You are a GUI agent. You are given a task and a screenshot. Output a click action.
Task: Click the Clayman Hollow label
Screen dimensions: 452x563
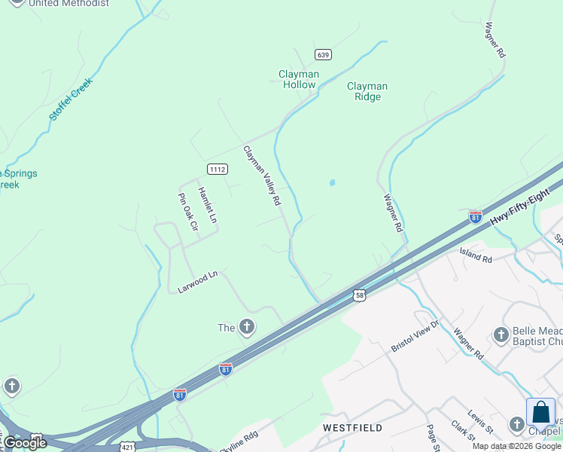(x=299, y=79)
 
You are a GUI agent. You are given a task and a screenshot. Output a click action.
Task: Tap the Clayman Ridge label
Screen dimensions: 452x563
(x=367, y=91)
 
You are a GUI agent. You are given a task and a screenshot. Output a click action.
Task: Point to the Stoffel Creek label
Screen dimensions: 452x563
(x=70, y=99)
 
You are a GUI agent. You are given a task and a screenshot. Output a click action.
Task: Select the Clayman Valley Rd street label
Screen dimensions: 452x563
(x=262, y=176)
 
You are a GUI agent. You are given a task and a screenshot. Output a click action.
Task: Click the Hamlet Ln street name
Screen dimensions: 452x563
(x=207, y=205)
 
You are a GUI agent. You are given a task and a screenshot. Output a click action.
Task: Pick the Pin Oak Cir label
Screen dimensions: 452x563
(x=187, y=212)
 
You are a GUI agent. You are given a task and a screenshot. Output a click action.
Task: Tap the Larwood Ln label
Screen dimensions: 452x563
(x=197, y=282)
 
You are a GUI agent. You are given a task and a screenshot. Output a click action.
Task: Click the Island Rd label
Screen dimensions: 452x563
(x=476, y=255)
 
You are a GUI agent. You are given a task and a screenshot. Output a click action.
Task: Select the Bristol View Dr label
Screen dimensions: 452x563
(x=414, y=335)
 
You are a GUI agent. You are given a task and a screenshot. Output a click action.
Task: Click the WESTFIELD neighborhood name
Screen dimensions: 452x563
(x=353, y=428)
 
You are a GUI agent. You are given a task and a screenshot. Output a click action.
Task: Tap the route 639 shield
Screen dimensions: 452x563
(x=323, y=54)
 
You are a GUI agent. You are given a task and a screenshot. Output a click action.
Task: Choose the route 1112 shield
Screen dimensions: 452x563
(x=217, y=169)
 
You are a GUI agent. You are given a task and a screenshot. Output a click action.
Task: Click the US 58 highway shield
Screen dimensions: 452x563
(x=360, y=295)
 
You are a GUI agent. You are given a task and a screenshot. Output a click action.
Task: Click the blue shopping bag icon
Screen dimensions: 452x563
(x=540, y=413)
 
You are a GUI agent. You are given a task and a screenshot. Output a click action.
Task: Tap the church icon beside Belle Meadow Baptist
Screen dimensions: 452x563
(x=501, y=334)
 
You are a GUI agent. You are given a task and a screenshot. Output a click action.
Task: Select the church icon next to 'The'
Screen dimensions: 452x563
(x=246, y=327)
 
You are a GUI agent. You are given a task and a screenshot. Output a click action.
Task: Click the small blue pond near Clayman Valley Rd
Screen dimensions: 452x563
(x=331, y=182)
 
